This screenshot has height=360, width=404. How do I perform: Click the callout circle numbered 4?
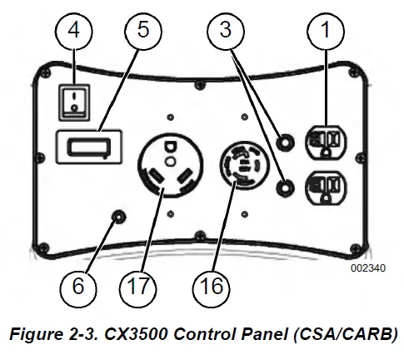(74, 31)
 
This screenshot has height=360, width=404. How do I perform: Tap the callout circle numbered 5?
(143, 31)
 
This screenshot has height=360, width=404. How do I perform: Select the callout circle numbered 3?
(226, 31)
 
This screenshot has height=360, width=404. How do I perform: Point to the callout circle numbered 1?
(326, 31)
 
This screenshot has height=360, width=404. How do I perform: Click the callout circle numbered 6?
(78, 287)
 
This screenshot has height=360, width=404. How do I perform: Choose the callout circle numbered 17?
(138, 287)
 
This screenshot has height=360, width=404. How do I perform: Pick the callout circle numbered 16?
(212, 287)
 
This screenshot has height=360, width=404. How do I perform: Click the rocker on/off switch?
(74, 102)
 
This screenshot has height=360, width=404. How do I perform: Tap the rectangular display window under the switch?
(89, 147)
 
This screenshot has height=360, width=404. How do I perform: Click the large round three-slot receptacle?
(170, 166)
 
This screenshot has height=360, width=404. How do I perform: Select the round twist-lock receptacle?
(244, 166)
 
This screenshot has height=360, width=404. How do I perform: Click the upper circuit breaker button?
(285, 142)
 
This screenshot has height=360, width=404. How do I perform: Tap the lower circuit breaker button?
(285, 188)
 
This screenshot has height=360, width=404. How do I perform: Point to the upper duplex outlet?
(326, 142)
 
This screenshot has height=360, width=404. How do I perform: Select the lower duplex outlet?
(326, 188)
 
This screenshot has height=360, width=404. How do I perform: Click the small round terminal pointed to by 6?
(118, 217)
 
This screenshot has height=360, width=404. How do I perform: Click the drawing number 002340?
(368, 268)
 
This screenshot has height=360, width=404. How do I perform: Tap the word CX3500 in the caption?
(136, 333)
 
